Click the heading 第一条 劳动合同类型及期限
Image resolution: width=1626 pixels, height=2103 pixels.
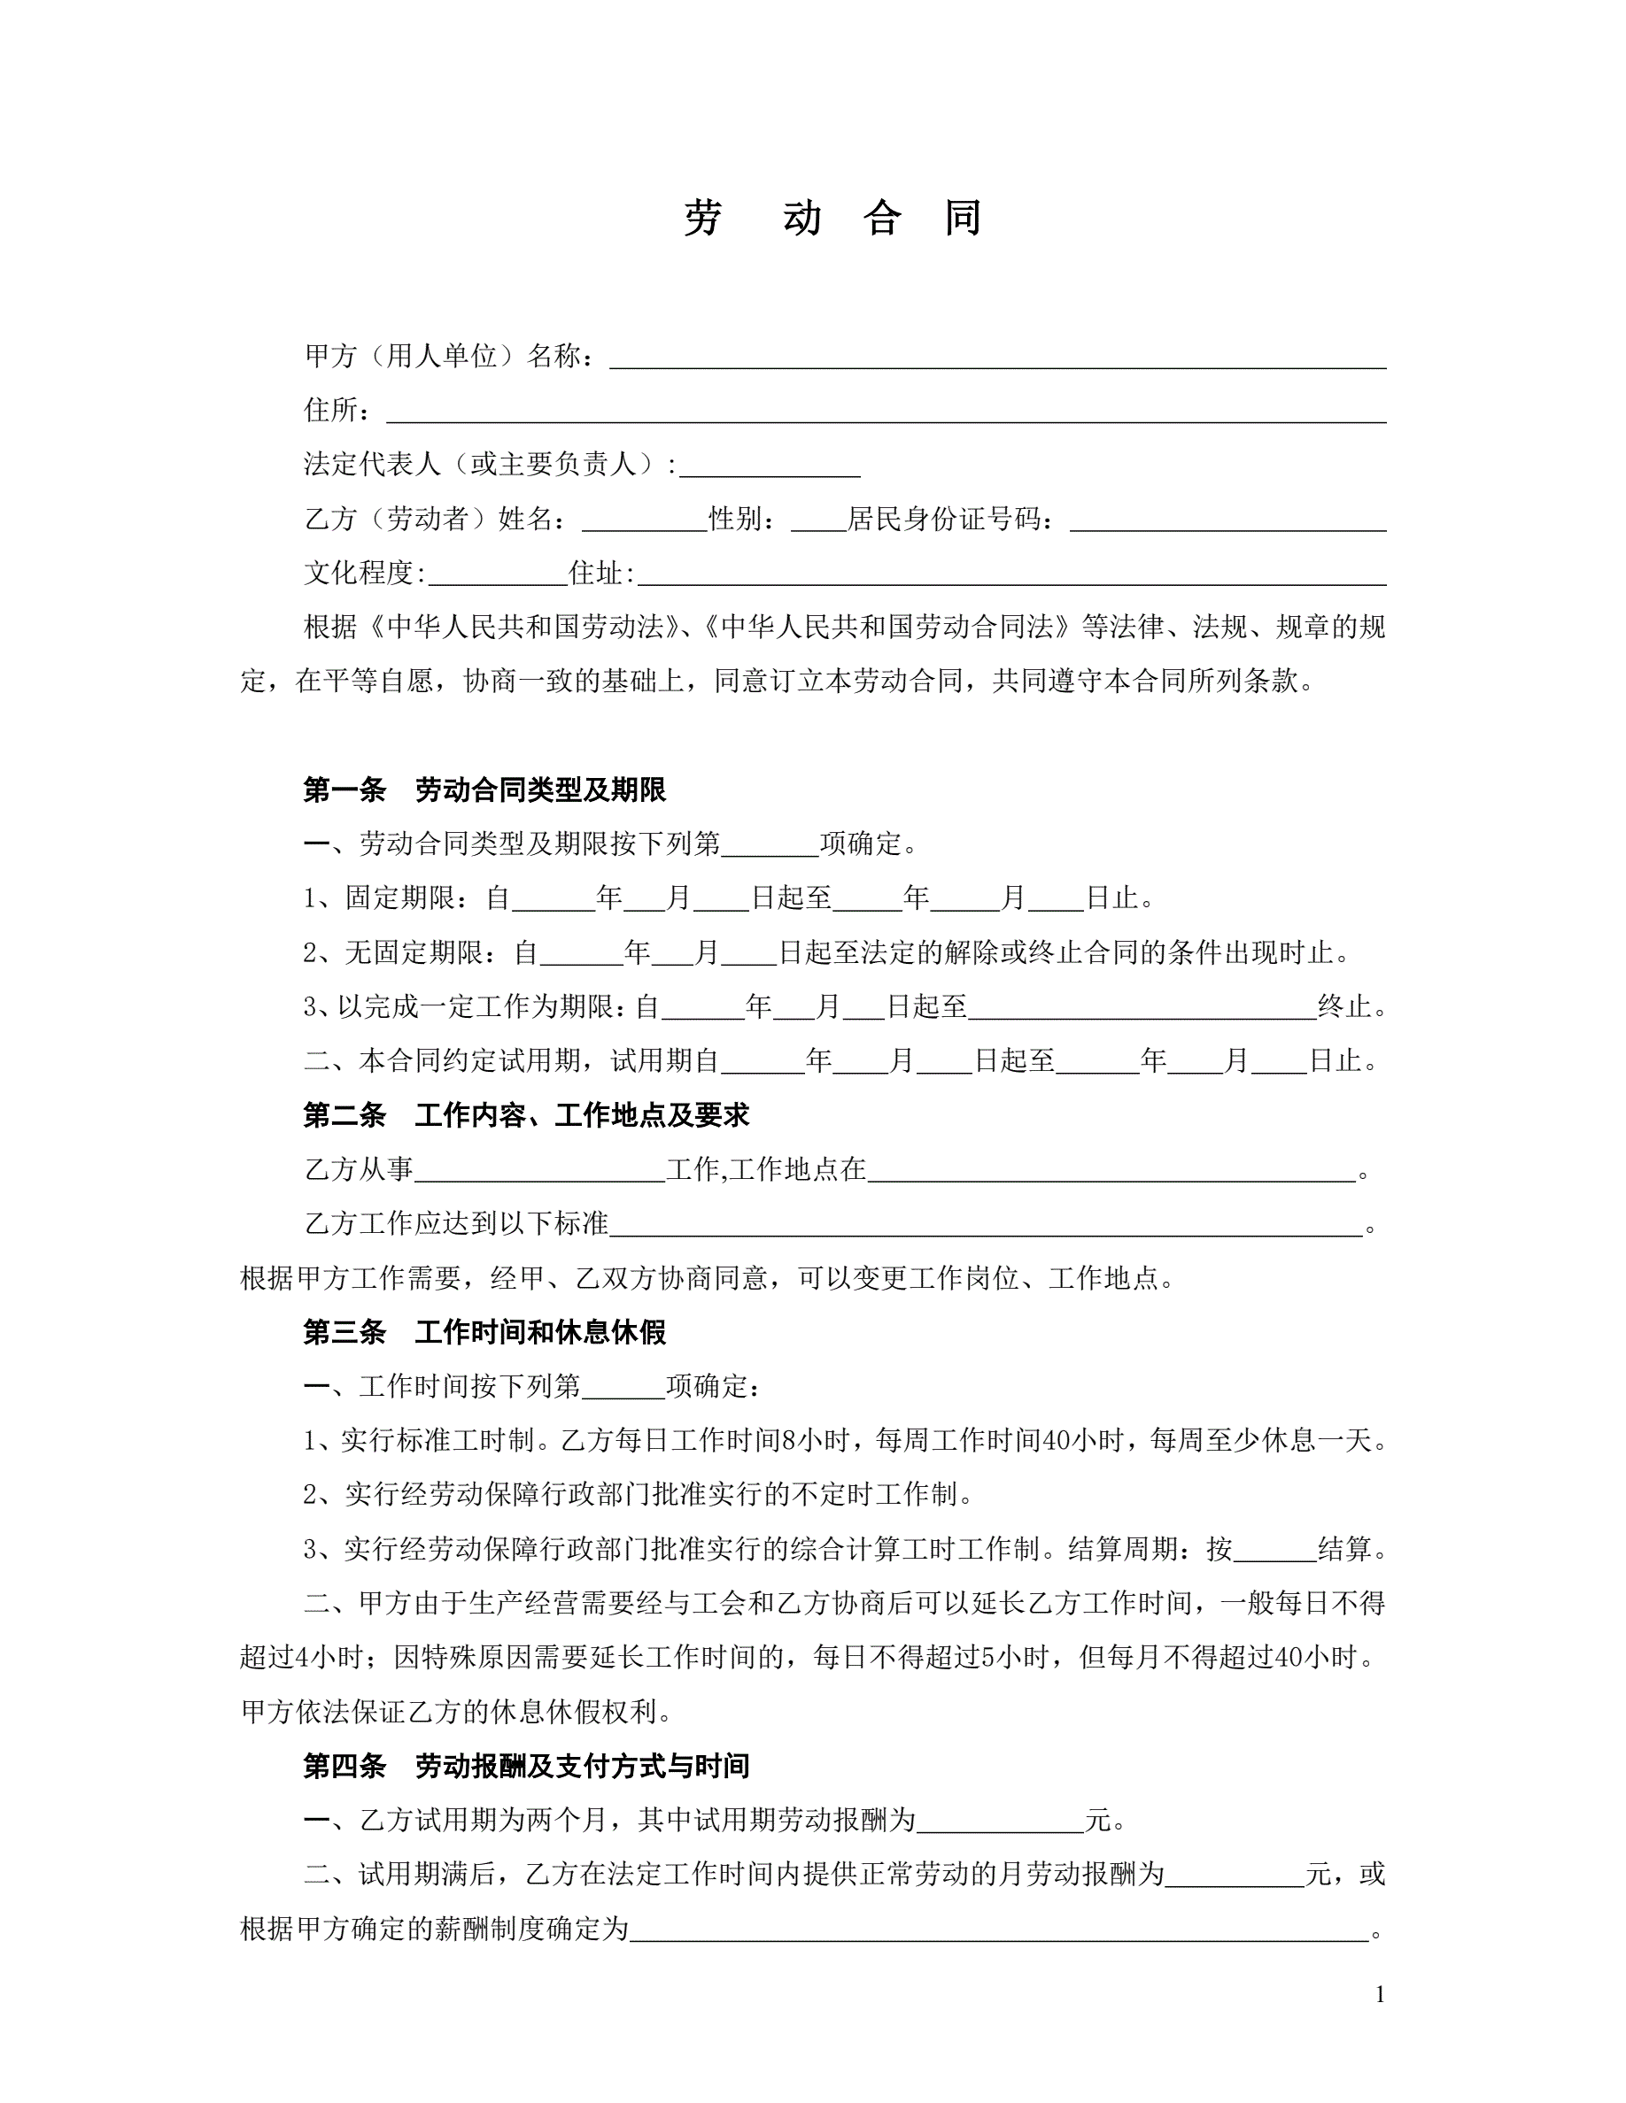(x=484, y=790)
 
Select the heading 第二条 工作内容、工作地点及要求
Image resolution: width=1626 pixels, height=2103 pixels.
(x=526, y=1115)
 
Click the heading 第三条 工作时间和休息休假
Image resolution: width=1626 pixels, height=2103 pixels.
(x=484, y=1332)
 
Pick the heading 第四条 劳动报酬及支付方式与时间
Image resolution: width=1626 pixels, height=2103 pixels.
(x=526, y=1765)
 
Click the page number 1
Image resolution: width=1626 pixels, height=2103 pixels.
(x=1381, y=1994)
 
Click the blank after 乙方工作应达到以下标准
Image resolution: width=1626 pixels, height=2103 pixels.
(x=987, y=1225)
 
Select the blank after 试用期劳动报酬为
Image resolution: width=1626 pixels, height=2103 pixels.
(x=1001, y=1820)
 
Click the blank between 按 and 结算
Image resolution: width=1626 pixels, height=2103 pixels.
(x=1274, y=1549)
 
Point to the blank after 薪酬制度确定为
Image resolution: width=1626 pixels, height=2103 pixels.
(x=999, y=1929)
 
